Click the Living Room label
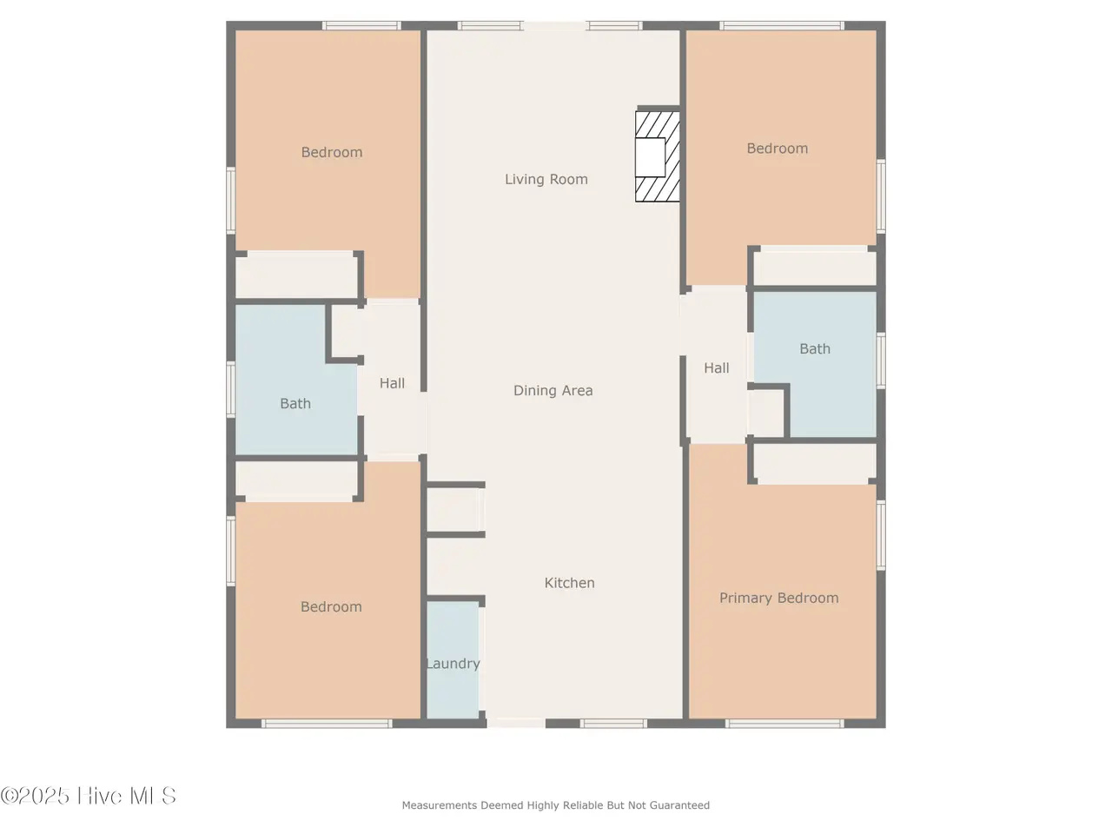pos(546,179)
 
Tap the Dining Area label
pos(553,390)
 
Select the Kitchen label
pos(569,583)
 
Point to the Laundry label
pos(453,664)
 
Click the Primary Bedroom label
pos(778,598)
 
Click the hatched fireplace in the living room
pos(658,156)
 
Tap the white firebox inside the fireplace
pos(651,157)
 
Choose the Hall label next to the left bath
pos(392,383)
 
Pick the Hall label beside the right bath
pos(717,368)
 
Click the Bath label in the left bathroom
pos(295,404)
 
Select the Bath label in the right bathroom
pos(815,349)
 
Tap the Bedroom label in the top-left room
pos(332,152)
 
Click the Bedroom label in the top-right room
pos(778,149)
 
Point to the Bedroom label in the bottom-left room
pos(331,607)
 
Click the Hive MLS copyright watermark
pos(88,796)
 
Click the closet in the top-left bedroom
pos(296,275)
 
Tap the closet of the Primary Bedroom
pos(815,463)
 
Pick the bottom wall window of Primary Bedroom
pos(784,724)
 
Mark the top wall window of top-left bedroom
pos(361,25)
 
